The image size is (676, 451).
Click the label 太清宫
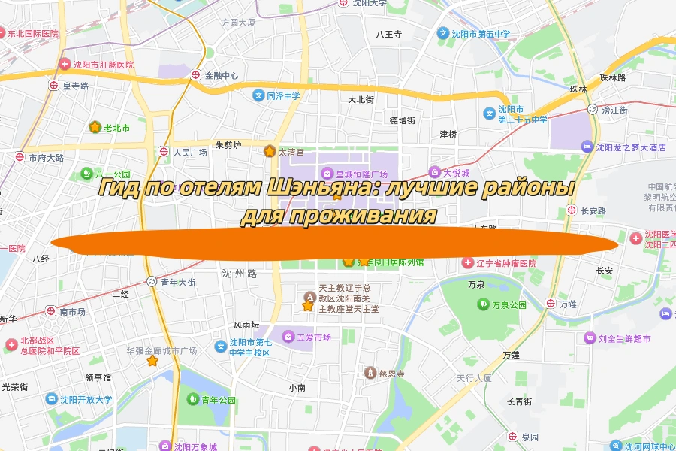coord(291,152)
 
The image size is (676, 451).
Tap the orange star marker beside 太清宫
coord(269,152)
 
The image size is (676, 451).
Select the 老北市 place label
coord(116,128)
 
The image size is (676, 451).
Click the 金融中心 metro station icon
coord(196,75)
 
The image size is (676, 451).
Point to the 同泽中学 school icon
coord(258,95)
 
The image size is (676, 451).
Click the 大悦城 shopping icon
coord(433,172)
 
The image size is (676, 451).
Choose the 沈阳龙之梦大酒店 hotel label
coord(631,147)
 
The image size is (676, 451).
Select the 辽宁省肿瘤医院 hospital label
coord(507,264)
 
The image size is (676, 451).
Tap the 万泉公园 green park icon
coord(482,305)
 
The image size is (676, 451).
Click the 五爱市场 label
coord(314,337)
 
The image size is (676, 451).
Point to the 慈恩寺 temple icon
coord(369,373)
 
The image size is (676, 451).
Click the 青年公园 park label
coord(219,399)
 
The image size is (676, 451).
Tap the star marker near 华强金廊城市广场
coord(152,361)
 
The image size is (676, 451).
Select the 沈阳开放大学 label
coord(87,399)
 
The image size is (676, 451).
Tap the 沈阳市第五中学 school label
coord(481,34)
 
